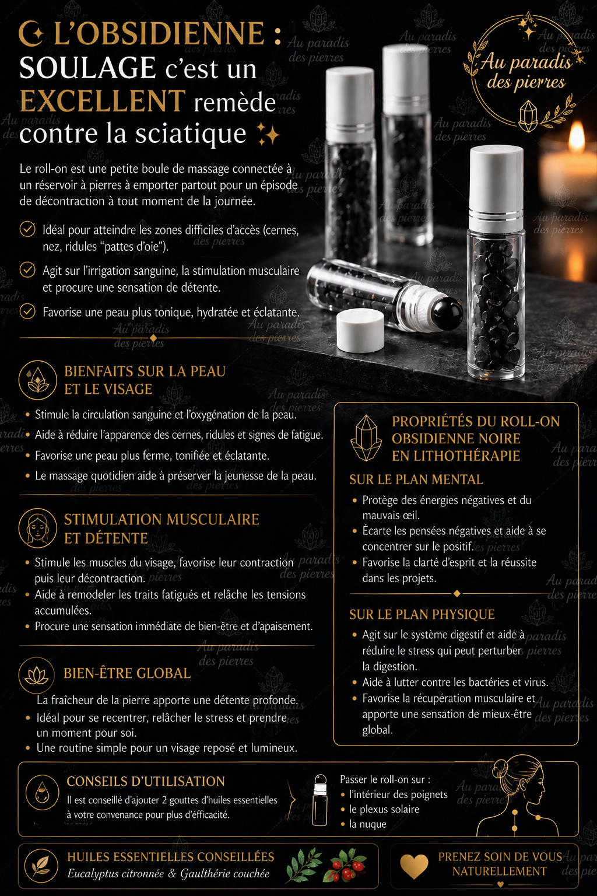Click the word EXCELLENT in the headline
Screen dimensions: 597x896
click(103, 101)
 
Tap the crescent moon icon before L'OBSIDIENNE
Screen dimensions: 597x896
click(30, 34)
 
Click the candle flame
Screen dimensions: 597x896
click(576, 136)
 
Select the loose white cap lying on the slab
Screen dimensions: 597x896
click(360, 330)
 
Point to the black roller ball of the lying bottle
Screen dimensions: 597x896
click(447, 314)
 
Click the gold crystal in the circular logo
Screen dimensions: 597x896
click(528, 116)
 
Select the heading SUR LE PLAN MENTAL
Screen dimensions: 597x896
click(416, 479)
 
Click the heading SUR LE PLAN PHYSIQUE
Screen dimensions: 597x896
click(422, 614)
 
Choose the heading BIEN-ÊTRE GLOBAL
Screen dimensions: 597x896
click(127, 673)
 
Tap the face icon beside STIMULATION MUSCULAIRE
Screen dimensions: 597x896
click(37, 528)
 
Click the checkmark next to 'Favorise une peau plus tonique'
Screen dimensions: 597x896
click(27, 311)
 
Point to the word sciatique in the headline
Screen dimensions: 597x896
click(191, 134)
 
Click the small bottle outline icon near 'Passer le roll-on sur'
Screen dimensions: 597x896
click(320, 800)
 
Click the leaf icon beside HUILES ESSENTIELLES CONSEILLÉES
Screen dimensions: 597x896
click(41, 866)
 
